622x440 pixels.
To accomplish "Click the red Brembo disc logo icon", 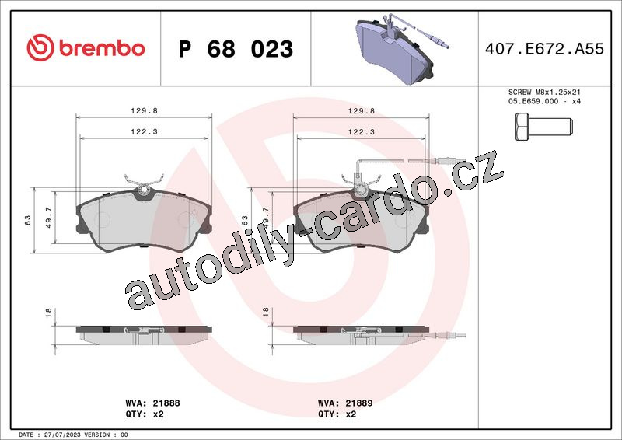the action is click(40, 48).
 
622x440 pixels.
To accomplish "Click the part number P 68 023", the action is click(236, 49).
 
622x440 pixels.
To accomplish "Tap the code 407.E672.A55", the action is click(544, 49).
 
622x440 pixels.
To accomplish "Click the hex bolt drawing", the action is click(543, 127).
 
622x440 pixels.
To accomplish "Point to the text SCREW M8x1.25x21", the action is click(544, 92).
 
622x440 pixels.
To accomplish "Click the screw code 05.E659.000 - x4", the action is click(544, 101).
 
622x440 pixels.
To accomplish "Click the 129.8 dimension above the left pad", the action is click(145, 111).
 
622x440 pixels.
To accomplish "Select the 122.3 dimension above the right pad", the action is click(362, 131).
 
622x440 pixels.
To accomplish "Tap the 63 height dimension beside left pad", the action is click(28, 220).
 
